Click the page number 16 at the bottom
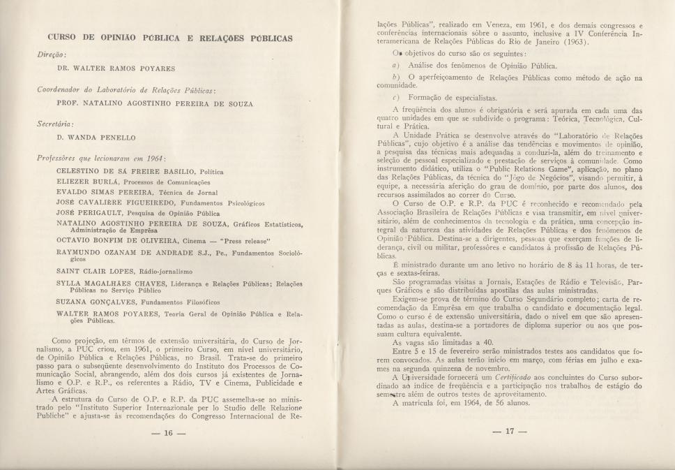click(168, 433)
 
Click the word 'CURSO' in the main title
click(66, 38)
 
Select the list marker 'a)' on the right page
click(395, 66)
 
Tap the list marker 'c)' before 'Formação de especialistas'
click(395, 98)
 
